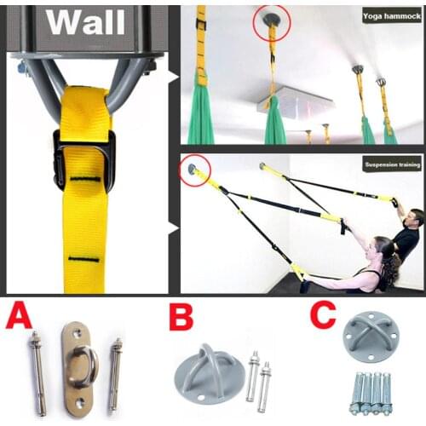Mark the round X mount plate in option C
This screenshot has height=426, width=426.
coord(370,341)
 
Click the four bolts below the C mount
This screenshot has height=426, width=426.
coord(370,393)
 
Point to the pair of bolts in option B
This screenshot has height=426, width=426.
coord(259,375)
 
